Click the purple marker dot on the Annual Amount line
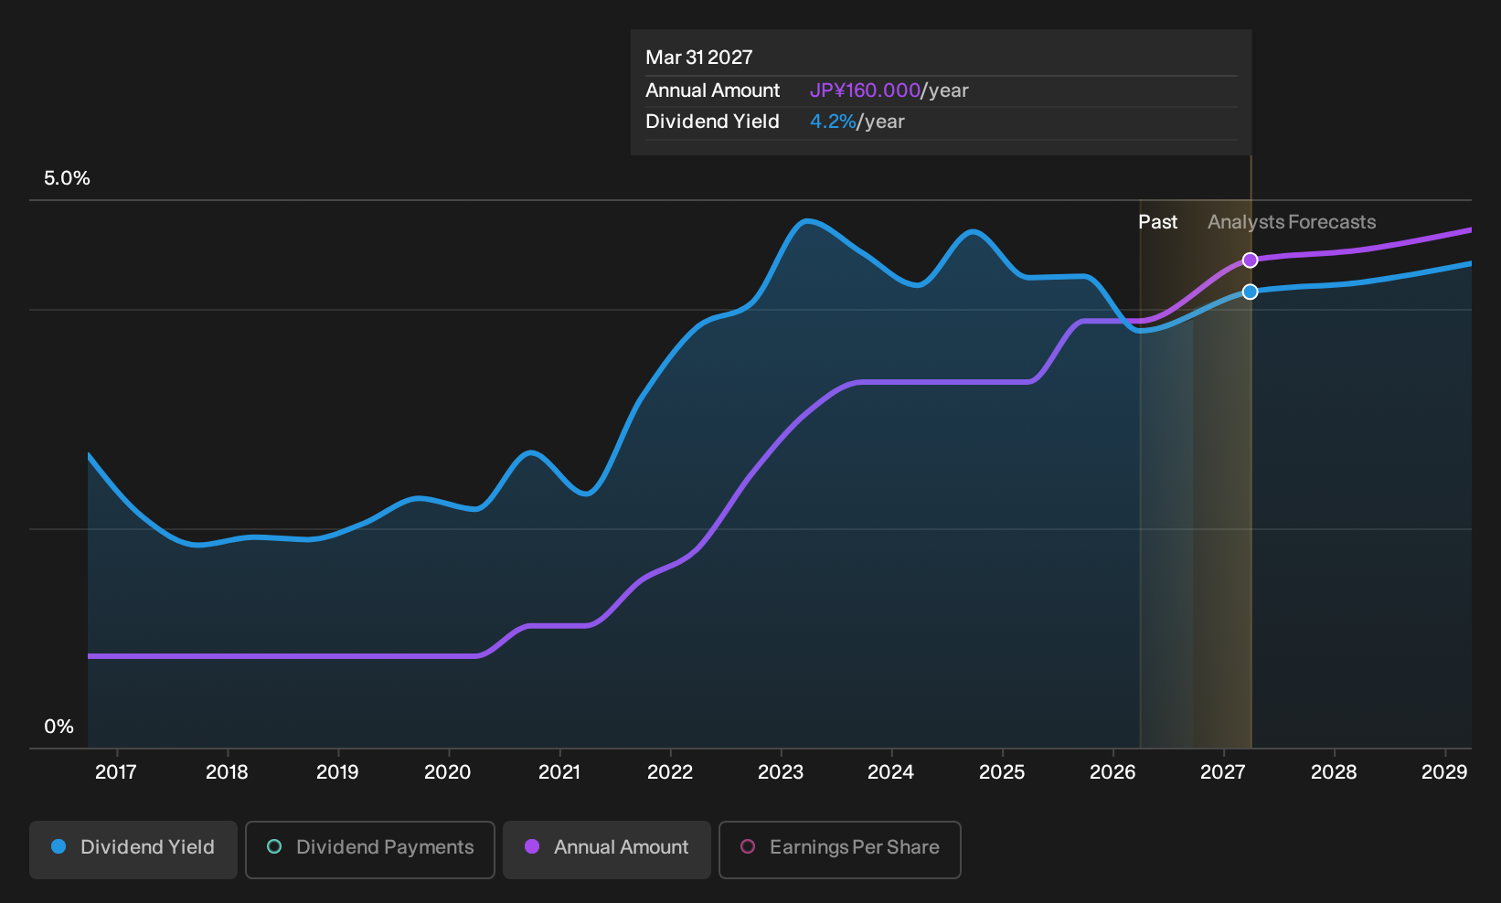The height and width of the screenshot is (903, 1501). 1250,260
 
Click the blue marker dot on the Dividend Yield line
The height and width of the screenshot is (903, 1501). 1250,292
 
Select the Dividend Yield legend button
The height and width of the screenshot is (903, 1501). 133,849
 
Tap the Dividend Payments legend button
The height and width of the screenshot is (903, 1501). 370,849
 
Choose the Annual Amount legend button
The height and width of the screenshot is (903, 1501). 606,849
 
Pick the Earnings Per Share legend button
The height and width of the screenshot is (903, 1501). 839,849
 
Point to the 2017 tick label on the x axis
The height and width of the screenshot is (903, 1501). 116,771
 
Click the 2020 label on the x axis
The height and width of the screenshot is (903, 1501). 448,771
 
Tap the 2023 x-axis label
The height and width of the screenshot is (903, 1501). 781,771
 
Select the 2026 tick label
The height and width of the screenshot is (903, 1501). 1112,771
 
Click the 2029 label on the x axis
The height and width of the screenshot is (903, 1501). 1444,771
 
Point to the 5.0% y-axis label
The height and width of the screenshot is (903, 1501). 67,178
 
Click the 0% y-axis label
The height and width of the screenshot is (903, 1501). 59,727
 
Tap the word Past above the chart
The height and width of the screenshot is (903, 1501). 1158,222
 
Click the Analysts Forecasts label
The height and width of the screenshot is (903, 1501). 1292,222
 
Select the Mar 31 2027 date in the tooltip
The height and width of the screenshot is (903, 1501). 699,58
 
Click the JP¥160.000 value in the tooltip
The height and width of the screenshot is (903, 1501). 865,90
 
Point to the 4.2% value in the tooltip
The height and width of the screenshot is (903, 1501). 833,122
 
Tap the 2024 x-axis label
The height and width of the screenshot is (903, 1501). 891,771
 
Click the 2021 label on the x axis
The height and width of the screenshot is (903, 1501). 559,771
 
